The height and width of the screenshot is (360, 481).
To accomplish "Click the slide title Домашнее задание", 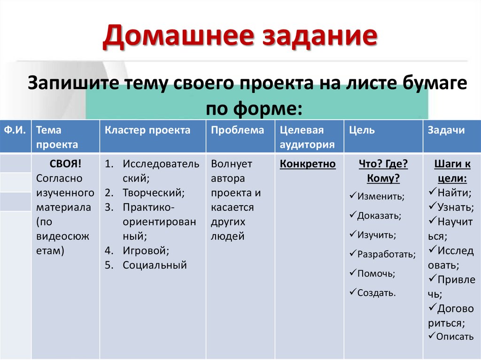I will (240, 37).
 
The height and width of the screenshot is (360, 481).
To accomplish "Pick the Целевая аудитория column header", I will (307, 138).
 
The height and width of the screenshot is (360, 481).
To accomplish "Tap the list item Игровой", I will (146, 250).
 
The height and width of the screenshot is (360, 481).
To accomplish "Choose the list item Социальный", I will (155, 265).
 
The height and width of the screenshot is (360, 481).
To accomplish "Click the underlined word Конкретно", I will (308, 164).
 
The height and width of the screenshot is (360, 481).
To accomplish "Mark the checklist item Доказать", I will (379, 216).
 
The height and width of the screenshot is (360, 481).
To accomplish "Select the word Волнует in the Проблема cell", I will (232, 164).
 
